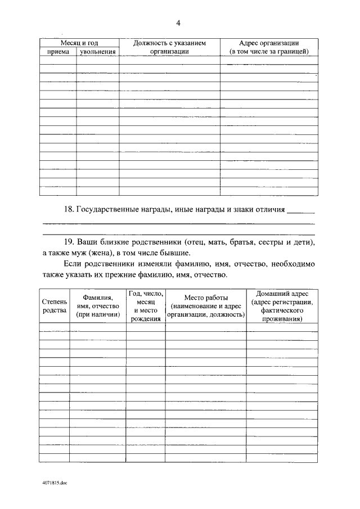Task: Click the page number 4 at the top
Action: (178, 23)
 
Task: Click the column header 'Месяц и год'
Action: (79, 43)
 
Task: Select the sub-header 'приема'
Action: (58, 52)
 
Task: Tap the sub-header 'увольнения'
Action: (98, 52)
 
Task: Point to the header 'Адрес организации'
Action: (268, 43)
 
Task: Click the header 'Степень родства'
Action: (54, 306)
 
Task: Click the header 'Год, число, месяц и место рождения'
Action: (145, 306)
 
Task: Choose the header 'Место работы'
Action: (205, 297)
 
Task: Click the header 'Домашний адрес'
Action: (282, 294)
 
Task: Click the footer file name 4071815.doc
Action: (54, 483)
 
